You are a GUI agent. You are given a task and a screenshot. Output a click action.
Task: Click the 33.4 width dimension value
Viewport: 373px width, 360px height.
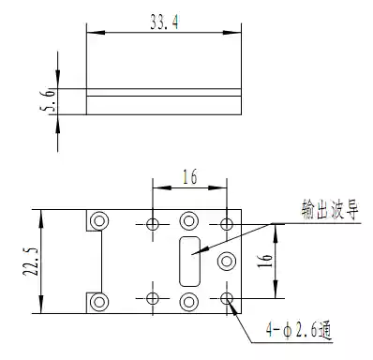tap(164, 22)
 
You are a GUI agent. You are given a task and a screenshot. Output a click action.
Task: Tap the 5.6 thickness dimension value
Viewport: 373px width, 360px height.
tap(48, 99)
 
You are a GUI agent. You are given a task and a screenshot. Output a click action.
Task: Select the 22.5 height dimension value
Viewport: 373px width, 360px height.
tap(30, 262)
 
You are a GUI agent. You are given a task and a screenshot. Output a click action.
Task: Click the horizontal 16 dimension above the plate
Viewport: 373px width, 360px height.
tap(190, 176)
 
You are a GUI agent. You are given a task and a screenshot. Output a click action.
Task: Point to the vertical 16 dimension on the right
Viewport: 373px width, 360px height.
tap(264, 261)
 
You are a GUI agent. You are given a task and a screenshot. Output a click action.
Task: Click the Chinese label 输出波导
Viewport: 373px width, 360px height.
tap(330, 209)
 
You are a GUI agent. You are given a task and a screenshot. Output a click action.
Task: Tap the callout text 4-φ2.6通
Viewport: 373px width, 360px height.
tap(298, 330)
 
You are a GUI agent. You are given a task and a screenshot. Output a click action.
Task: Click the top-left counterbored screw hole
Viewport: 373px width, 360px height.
tap(99, 221)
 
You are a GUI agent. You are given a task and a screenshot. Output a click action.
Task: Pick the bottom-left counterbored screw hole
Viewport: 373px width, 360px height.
tap(99, 302)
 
